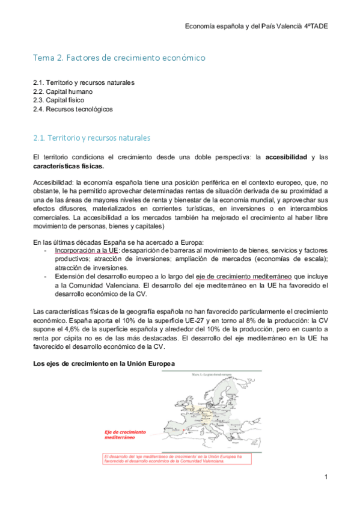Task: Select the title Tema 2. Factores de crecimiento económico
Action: point(119,58)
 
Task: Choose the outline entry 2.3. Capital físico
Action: point(59,100)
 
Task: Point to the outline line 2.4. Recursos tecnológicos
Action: point(73,109)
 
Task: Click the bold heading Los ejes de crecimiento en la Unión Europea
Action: point(103,364)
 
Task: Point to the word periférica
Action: point(200,182)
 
